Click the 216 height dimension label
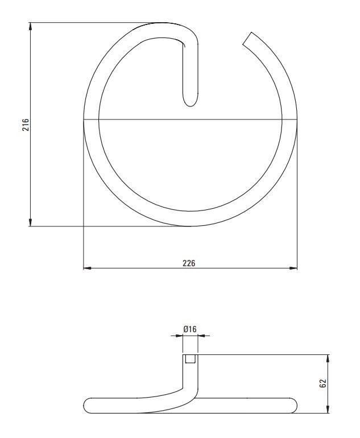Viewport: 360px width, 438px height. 26,125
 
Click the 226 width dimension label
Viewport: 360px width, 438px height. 189,263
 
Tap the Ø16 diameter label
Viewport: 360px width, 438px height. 190,329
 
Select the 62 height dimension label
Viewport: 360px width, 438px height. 322,383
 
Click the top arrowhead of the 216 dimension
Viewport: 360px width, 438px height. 30,26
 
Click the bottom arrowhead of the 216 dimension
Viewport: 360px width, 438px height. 30,222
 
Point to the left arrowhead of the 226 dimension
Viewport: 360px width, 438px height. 88,268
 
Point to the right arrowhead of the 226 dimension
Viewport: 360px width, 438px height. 293,268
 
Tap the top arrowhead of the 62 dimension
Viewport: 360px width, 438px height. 328,359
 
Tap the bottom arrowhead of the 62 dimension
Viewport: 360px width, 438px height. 328,409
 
